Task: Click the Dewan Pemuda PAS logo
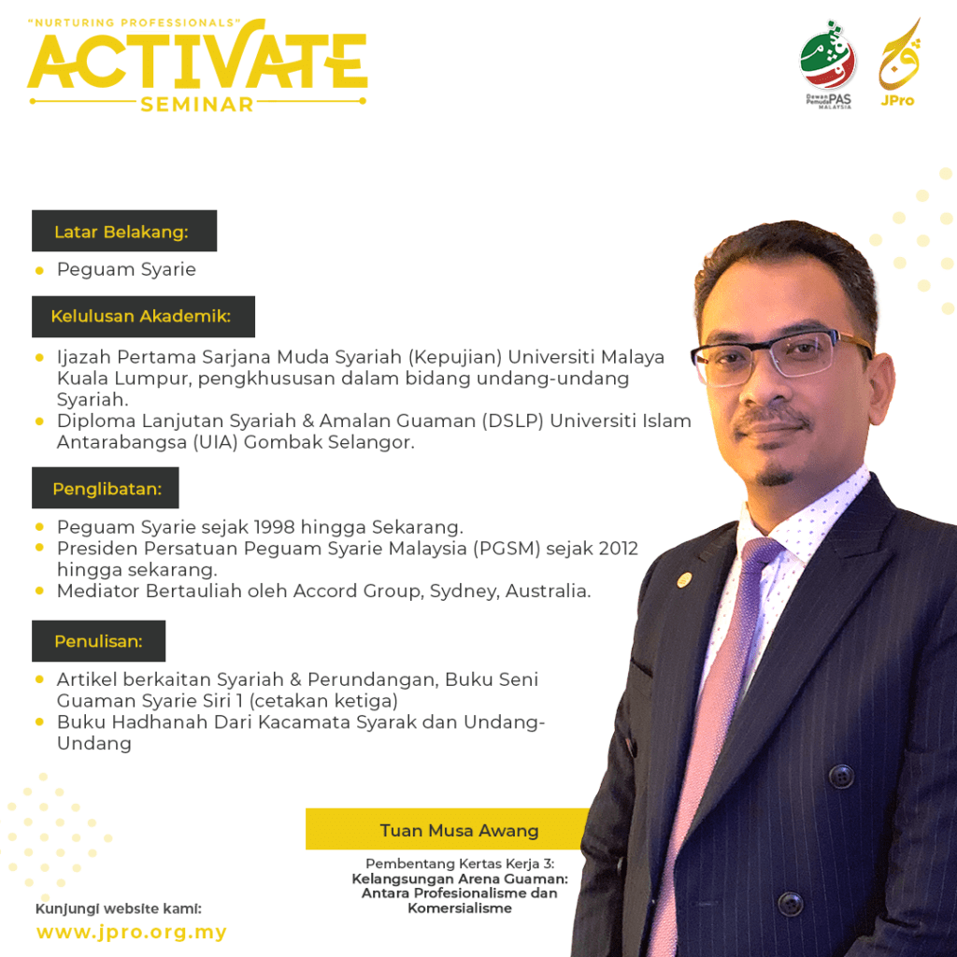click(828, 64)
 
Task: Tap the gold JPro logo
click(899, 63)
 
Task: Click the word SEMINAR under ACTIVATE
click(196, 105)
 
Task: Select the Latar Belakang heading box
click(124, 231)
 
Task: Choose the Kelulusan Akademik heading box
click(143, 316)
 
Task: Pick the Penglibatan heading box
click(106, 488)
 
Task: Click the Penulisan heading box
click(99, 641)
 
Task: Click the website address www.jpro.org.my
click(132, 932)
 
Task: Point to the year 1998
click(274, 527)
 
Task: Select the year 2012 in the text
click(618, 548)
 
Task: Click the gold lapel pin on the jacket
click(684, 579)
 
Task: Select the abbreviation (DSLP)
click(512, 421)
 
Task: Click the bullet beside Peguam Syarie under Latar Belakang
click(39, 270)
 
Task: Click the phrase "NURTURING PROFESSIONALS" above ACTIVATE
click(135, 23)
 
